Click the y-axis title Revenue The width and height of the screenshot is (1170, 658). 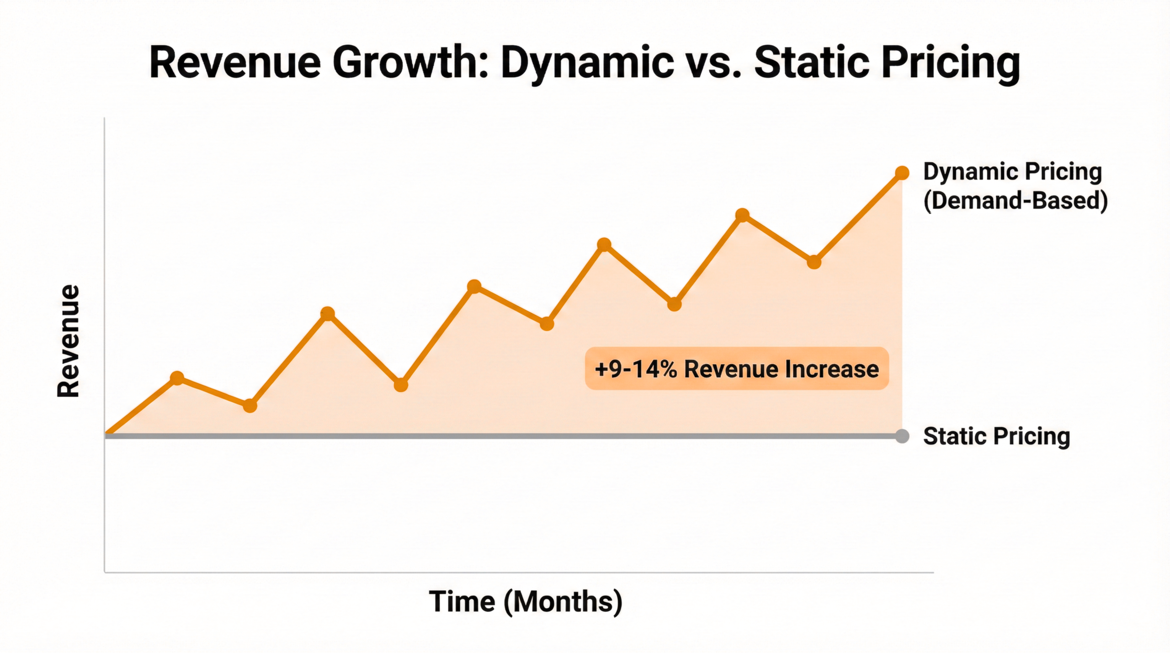(69, 341)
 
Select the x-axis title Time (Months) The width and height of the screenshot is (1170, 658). (526, 601)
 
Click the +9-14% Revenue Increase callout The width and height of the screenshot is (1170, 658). (737, 369)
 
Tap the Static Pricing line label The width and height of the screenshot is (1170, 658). (996, 436)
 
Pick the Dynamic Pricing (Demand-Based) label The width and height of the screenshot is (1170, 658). (1015, 186)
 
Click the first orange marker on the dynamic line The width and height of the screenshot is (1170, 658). (177, 378)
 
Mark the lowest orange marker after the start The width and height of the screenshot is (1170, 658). (250, 405)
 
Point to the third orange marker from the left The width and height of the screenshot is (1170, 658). (328, 314)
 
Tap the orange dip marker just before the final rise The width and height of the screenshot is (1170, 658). (814, 262)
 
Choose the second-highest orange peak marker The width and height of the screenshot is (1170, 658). (743, 215)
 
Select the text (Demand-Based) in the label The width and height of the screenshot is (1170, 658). (1016, 201)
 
